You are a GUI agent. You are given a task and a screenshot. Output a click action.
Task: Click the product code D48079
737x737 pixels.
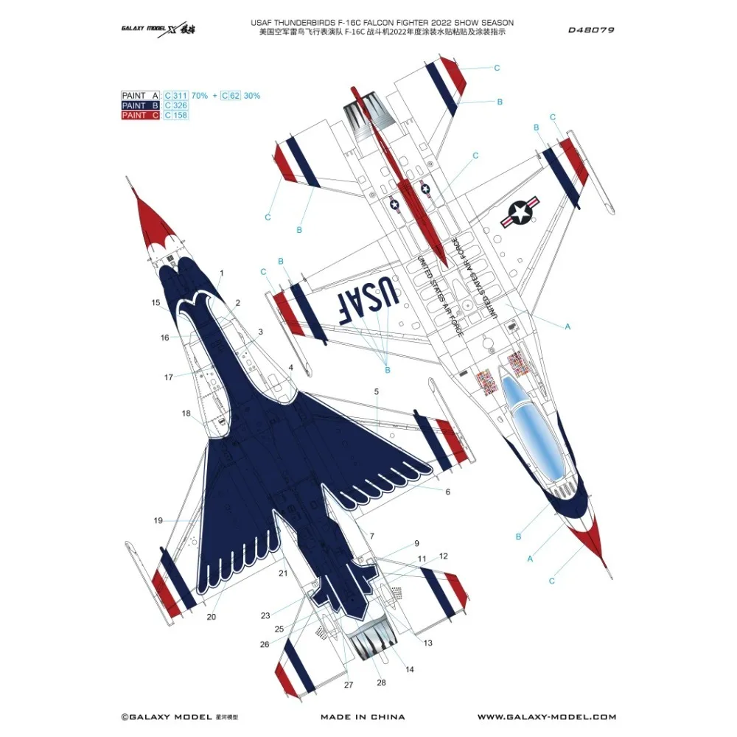click(592, 31)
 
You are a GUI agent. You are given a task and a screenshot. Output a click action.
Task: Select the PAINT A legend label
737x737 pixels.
click(140, 96)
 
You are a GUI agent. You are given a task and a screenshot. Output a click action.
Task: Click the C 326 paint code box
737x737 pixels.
click(176, 105)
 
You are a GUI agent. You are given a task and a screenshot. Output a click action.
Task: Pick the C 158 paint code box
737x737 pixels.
click(176, 115)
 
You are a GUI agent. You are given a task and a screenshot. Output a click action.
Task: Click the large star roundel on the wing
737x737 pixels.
click(521, 212)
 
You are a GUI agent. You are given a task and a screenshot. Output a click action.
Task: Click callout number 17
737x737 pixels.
click(169, 377)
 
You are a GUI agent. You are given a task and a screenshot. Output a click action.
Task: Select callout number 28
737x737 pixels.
click(381, 682)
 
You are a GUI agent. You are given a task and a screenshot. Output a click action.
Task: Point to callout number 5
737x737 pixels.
click(376, 392)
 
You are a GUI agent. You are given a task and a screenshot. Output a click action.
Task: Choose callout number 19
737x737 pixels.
click(158, 521)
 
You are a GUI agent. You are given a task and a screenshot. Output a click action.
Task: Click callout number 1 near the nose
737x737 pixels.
click(221, 273)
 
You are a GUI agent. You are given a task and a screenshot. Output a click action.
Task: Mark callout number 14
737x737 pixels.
click(410, 668)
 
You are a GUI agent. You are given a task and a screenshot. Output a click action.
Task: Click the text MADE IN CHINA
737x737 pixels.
click(363, 716)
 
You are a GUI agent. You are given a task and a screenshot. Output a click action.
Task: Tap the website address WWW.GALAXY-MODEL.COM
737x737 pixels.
click(546, 716)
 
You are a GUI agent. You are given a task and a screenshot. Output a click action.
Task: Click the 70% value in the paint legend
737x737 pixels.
click(199, 96)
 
